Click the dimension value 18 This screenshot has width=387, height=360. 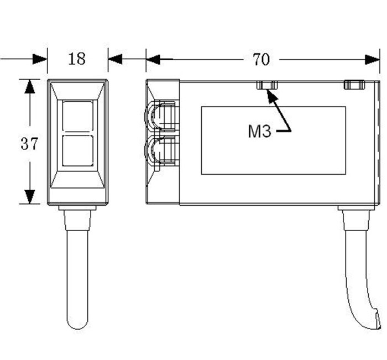pyautogui.click(x=77, y=58)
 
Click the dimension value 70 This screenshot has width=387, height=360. pyautogui.click(x=262, y=59)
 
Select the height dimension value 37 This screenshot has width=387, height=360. pyautogui.click(x=29, y=144)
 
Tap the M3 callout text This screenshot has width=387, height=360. pyautogui.click(x=259, y=132)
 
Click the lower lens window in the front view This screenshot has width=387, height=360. pyautogui.click(x=77, y=150)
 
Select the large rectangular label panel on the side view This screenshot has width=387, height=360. pyautogui.click(x=273, y=140)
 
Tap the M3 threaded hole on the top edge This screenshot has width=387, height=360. pyautogui.click(x=267, y=85)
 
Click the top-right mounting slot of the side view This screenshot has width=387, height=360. pyautogui.click(x=354, y=85)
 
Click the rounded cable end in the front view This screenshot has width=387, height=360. pyautogui.click(x=77, y=321)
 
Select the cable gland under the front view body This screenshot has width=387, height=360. pyautogui.click(x=77, y=218)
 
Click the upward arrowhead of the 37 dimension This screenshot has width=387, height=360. pyautogui.click(x=29, y=86)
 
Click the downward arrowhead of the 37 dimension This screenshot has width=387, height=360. pyautogui.click(x=29, y=197)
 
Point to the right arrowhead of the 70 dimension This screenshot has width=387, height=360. pyautogui.click(x=373, y=59)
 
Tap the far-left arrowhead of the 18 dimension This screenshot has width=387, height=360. pyautogui.click(x=40, y=59)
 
